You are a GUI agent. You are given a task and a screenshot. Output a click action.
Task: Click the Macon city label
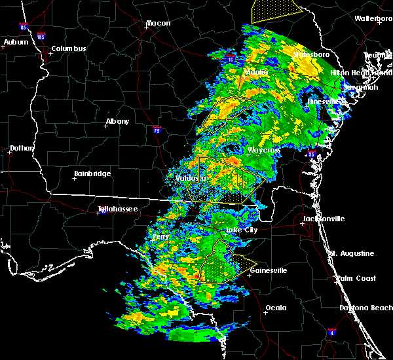coord(158,24)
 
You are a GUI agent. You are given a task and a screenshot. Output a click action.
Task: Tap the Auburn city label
coord(16,43)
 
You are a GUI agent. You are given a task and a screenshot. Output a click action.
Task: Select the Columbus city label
coord(69,49)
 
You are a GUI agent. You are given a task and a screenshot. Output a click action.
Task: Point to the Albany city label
coord(117,122)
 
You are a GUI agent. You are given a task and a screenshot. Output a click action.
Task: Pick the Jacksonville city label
coord(323,219)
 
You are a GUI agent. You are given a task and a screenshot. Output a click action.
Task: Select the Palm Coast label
coord(357,279)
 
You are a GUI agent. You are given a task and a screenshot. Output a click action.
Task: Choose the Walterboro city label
coord(373,19)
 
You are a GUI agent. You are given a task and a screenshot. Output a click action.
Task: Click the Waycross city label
coord(264,151)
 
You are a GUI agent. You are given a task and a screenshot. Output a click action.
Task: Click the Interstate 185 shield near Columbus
coord(41,38)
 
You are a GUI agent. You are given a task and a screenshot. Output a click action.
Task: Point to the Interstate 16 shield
coord(231,60)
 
